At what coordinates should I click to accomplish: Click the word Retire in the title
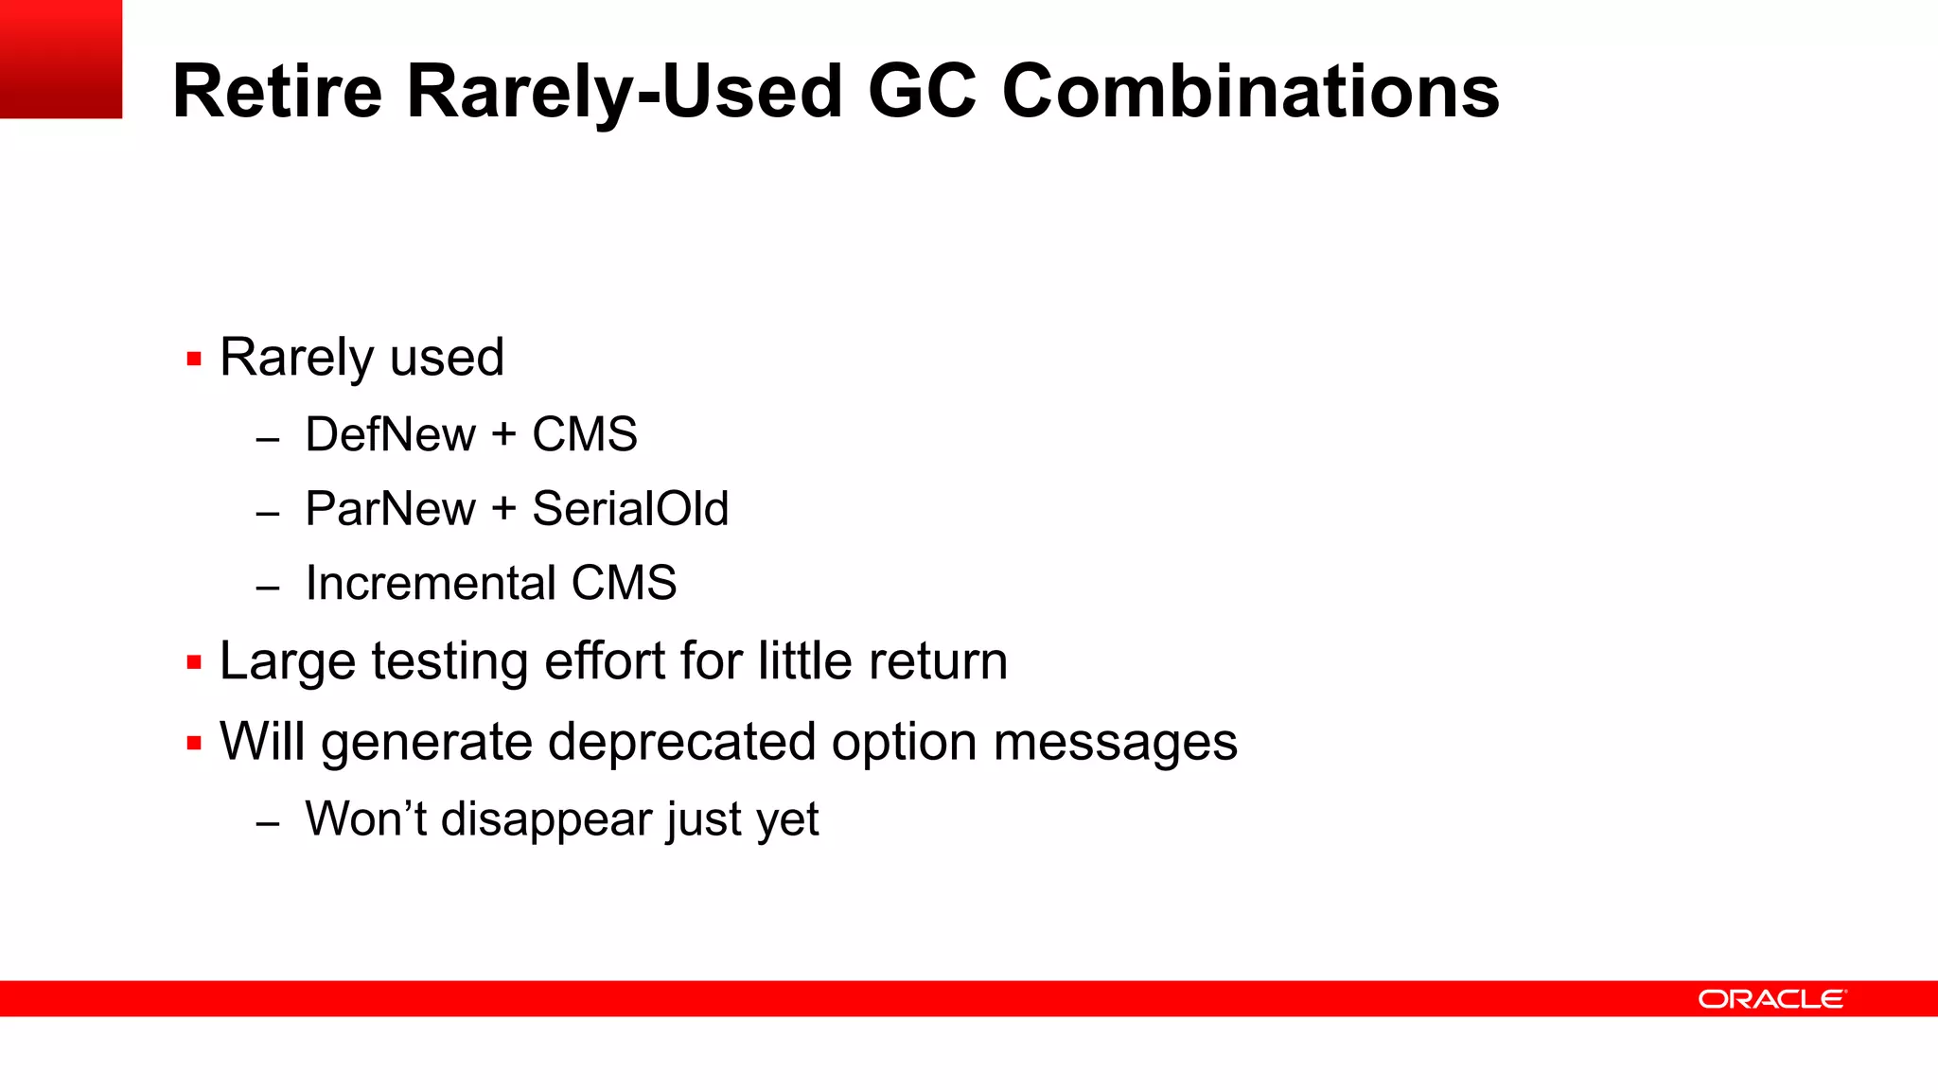[x=277, y=91]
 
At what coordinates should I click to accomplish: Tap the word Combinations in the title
[x=1250, y=91]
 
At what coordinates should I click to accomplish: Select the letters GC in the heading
[x=922, y=91]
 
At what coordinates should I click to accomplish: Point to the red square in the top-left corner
[x=61, y=59]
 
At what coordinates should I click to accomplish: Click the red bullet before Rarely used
[x=194, y=360]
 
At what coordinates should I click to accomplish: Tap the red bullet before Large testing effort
[x=194, y=662]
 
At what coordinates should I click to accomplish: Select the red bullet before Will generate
[x=194, y=744]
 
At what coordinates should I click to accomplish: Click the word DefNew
[x=390, y=434]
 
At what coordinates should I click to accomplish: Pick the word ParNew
[x=390, y=509]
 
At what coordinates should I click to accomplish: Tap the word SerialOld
[x=630, y=509]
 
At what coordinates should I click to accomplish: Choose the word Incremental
[x=430, y=583]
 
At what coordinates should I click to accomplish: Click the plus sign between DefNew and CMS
[x=503, y=435]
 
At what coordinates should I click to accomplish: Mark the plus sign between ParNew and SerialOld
[x=503, y=510]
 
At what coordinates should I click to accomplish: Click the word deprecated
[x=681, y=742]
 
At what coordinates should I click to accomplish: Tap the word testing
[x=449, y=661]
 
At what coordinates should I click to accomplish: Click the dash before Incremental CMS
[x=268, y=588]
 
